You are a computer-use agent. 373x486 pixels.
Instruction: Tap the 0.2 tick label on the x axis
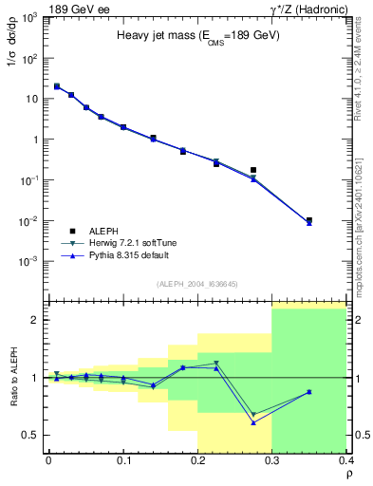[x=197, y=460]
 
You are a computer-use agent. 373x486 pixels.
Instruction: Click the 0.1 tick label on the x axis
[x=123, y=460]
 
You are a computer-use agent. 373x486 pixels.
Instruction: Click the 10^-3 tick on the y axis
[x=32, y=261]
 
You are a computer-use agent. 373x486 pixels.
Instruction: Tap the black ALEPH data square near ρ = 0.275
[x=253, y=170]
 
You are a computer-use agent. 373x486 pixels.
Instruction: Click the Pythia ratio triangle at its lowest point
[x=253, y=422]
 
